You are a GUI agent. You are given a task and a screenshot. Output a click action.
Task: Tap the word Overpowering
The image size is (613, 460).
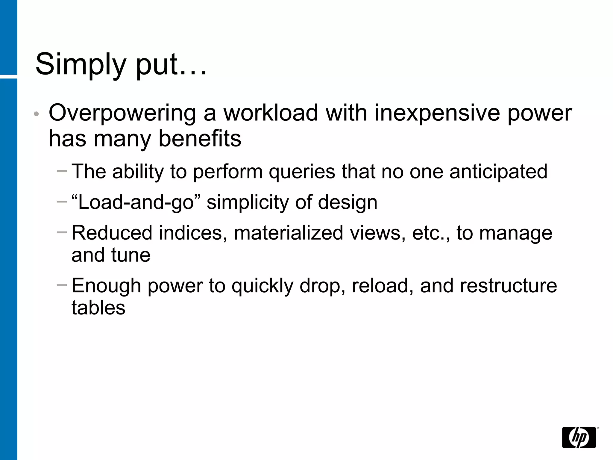tap(122, 113)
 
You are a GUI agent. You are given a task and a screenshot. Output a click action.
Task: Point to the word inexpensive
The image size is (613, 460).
tap(438, 113)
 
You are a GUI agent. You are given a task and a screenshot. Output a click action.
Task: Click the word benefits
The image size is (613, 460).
tap(200, 139)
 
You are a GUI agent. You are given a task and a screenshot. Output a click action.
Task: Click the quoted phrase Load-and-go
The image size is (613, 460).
tap(136, 202)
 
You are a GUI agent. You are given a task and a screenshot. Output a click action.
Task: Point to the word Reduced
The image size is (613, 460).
tap(112, 233)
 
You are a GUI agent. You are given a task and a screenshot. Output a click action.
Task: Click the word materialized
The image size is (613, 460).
tap(288, 233)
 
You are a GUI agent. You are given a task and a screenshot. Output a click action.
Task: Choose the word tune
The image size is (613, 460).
tap(131, 255)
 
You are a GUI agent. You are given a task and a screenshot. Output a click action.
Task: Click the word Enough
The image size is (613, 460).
tap(106, 286)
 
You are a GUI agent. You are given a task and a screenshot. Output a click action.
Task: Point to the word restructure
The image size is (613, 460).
tap(508, 286)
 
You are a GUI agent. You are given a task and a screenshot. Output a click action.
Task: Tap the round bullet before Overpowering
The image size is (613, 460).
tap(36, 114)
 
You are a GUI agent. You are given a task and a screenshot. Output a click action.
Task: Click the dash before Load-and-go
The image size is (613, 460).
tap(62, 202)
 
